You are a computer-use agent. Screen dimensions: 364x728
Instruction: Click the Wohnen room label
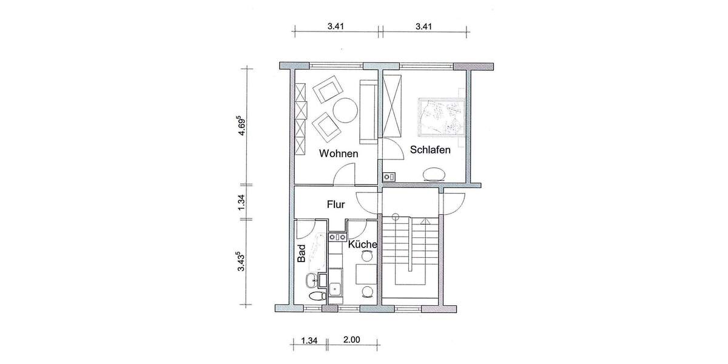point(339,153)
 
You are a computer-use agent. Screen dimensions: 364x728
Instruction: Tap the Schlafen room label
point(430,150)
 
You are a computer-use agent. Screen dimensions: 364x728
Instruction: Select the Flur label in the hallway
point(335,204)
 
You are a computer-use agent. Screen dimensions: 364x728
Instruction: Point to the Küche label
point(363,244)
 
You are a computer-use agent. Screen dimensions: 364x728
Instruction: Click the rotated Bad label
point(301,254)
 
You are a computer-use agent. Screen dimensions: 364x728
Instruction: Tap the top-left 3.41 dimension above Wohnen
point(336,26)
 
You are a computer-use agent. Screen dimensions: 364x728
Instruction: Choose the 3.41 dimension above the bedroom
point(423,26)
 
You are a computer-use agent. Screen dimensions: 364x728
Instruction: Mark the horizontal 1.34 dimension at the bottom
point(310,340)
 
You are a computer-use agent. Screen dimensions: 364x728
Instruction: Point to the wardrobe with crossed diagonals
point(393,105)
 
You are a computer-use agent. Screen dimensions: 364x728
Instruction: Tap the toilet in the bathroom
point(315,297)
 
